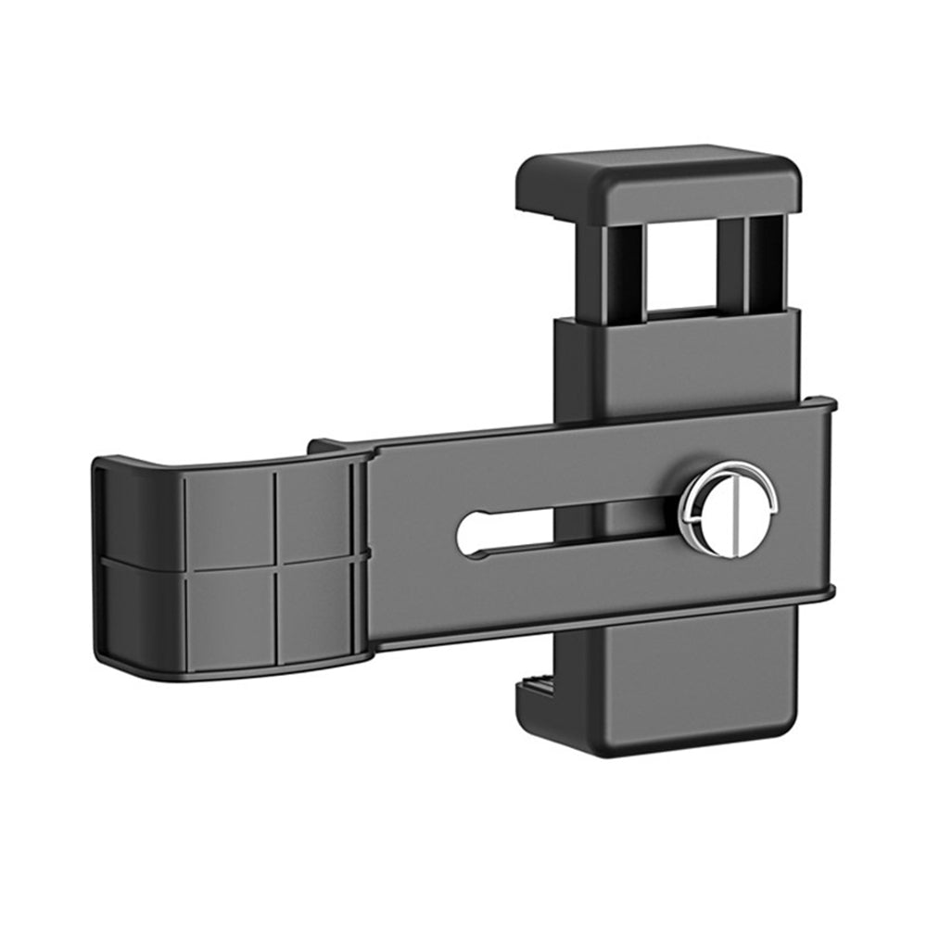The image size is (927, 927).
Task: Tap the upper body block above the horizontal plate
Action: tap(677, 362)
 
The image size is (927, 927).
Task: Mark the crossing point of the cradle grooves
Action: tap(275, 563)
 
